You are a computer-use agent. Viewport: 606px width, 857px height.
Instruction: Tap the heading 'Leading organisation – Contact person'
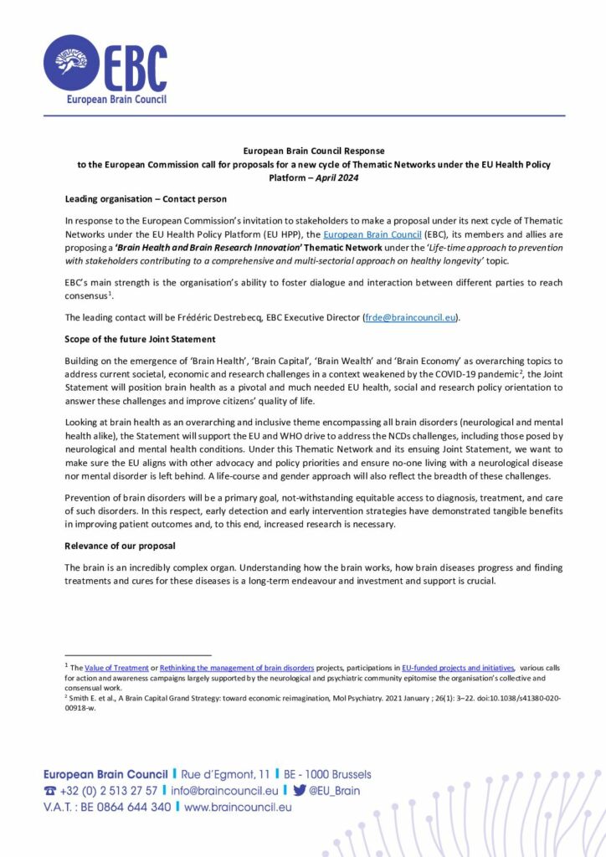[145, 198]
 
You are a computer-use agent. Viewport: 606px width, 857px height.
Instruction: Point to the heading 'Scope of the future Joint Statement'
[139, 339]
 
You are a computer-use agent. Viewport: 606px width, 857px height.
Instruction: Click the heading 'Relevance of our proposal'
[120, 546]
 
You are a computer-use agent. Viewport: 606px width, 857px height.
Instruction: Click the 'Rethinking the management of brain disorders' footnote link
[237, 667]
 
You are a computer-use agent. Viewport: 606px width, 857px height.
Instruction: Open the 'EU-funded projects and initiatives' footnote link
[458, 667]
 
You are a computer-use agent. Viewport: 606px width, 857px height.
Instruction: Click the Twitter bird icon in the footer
[299, 790]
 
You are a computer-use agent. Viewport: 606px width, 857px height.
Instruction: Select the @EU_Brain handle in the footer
[335, 790]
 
